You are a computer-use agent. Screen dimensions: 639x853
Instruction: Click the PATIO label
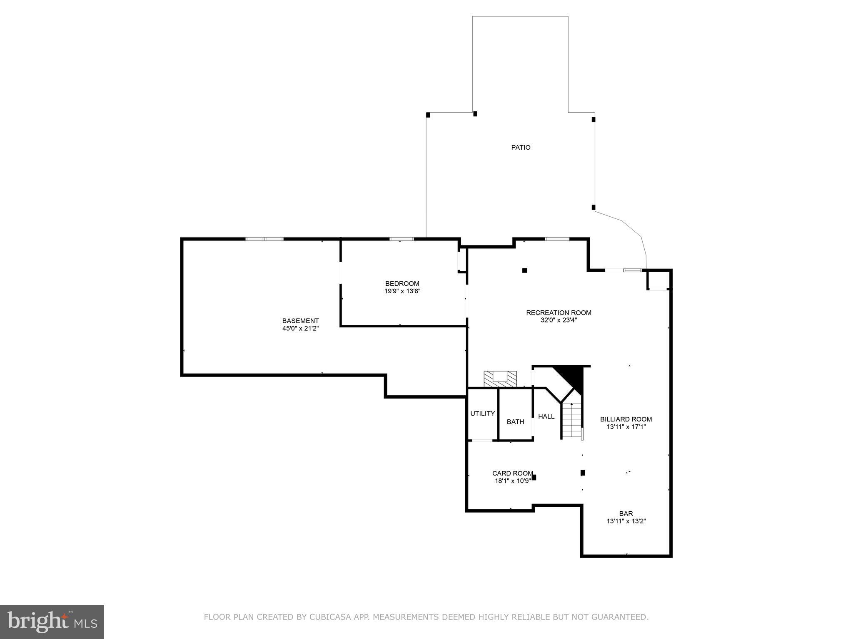(x=521, y=147)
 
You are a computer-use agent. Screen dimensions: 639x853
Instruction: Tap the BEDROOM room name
(x=402, y=284)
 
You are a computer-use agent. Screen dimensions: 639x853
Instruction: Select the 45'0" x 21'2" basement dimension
(x=300, y=328)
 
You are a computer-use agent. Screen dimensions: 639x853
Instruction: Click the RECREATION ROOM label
(x=559, y=312)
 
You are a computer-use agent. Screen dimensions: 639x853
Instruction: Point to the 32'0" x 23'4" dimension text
(x=559, y=320)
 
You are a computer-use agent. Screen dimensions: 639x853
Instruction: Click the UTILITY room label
(x=482, y=413)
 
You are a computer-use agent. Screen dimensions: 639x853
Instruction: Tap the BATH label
(x=515, y=421)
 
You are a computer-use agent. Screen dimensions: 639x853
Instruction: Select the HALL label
(x=546, y=416)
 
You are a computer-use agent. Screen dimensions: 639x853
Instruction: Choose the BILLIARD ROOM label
(x=626, y=419)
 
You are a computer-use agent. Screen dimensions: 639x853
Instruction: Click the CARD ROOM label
(x=512, y=473)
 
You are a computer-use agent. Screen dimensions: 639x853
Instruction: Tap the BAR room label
(x=626, y=513)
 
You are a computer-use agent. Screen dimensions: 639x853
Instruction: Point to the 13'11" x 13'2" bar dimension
(x=626, y=521)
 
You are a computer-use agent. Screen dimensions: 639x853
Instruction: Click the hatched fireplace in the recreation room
(x=500, y=378)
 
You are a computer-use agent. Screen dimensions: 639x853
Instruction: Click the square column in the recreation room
(x=525, y=270)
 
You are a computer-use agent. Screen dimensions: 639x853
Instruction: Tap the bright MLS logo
(x=52, y=622)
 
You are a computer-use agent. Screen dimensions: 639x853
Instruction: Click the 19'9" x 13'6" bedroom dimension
(x=402, y=291)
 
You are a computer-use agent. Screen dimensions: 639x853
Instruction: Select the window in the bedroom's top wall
(x=402, y=239)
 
